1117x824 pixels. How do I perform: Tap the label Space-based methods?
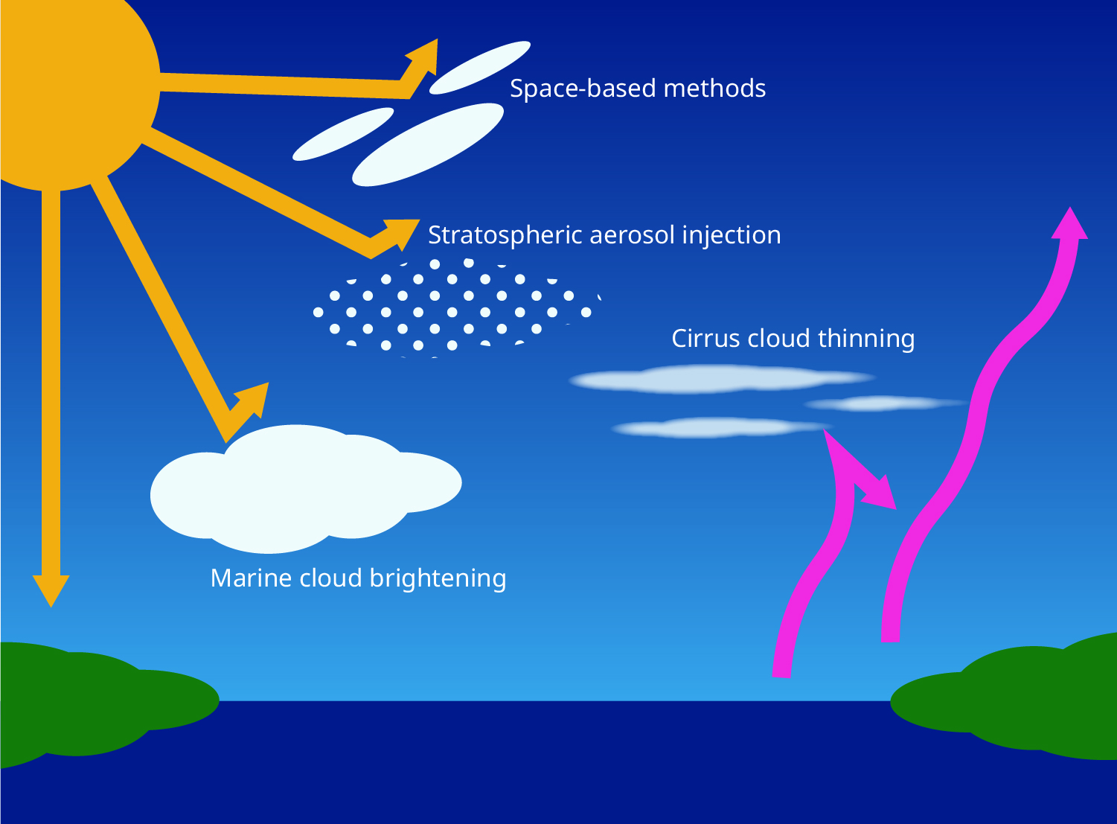point(637,89)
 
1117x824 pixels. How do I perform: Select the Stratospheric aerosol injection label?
point(604,235)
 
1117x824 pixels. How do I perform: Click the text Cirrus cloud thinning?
point(793,339)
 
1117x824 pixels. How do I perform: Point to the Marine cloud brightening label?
point(358,578)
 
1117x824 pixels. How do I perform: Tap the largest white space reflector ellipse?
point(427,144)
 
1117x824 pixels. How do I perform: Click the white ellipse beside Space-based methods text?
point(480,68)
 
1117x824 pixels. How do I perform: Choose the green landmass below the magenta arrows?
point(1027,700)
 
